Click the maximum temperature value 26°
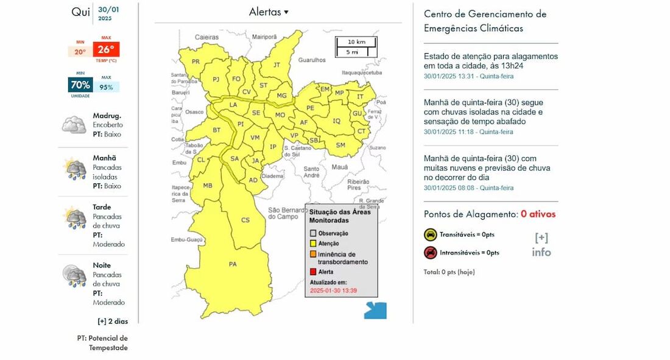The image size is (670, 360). pos(106,50)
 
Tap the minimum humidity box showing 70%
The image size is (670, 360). pos(80,85)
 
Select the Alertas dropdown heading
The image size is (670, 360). pos(269,12)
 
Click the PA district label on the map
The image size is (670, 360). pos(233,264)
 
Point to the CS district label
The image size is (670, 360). pos(245,220)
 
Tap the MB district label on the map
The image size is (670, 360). pos(208,185)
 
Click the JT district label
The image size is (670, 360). pos(277,65)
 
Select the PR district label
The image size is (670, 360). pos(196,62)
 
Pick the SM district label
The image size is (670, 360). pos(340,145)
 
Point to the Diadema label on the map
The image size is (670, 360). pos(273,176)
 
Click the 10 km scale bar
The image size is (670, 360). pos(356,42)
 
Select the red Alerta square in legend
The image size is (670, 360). pos(313,272)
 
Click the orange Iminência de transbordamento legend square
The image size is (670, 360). pos(313,255)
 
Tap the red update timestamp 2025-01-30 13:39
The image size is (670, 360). pos(333,291)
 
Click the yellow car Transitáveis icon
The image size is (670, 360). pos(430,235)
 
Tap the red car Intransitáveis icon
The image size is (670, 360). pos(430,252)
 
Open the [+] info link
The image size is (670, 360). pos(541,245)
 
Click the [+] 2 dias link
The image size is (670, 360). pos(113,321)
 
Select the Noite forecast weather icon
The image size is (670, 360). pos(74,276)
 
